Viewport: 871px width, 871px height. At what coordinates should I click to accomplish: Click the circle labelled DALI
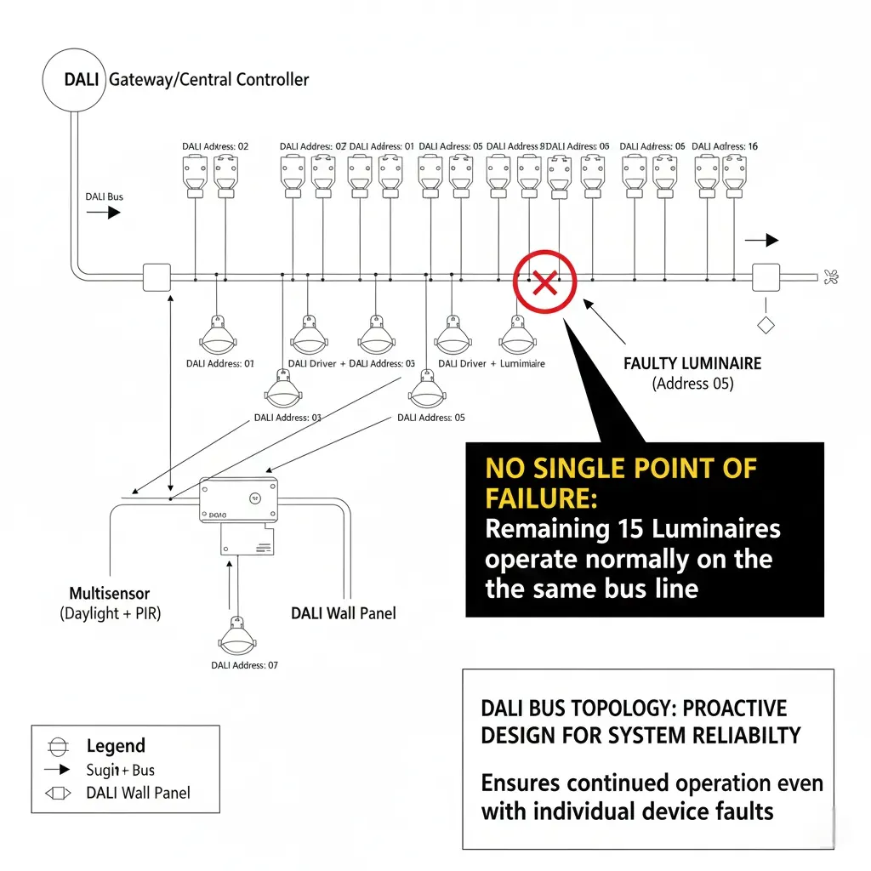73,80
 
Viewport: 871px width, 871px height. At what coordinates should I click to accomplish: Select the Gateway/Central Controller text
209,80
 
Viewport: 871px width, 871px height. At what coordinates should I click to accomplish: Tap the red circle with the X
544,282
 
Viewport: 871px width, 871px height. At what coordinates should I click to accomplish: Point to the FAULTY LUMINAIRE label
692,363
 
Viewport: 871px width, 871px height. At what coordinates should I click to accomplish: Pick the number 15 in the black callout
626,529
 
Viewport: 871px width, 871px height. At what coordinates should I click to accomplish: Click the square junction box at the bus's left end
157,277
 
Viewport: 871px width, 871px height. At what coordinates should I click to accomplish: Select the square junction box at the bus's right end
766,277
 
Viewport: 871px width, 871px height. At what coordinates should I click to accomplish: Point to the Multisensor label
110,592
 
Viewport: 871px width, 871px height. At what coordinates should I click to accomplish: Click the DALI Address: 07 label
244,665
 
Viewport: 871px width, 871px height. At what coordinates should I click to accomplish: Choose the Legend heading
116,746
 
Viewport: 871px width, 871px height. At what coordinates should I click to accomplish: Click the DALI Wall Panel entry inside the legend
138,793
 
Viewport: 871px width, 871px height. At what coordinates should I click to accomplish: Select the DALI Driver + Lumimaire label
491,363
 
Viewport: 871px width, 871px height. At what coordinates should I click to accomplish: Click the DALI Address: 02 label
215,146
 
